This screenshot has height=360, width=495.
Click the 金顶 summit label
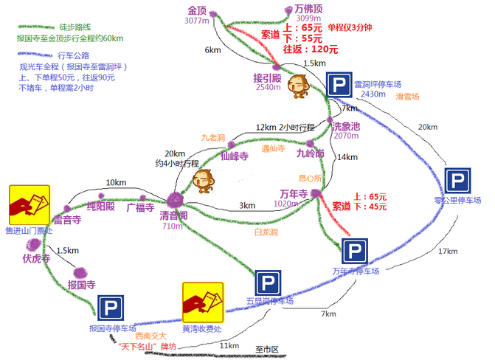[197, 11]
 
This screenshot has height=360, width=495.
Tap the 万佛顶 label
[299, 9]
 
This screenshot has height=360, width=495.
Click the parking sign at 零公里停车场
[457, 181]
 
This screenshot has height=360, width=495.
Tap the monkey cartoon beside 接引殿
[299, 86]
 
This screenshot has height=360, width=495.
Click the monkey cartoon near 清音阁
[203, 180]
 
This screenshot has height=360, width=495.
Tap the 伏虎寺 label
[35, 259]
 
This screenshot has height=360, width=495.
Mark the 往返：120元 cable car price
[311, 49]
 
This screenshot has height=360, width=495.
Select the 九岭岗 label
[310, 153]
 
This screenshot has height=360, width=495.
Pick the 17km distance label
[447, 251]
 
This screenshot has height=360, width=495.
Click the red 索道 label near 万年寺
[342, 207]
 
